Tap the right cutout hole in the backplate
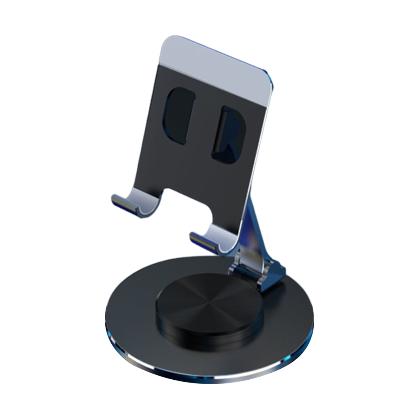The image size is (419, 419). (228, 135)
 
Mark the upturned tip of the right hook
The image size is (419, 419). (195, 236)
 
